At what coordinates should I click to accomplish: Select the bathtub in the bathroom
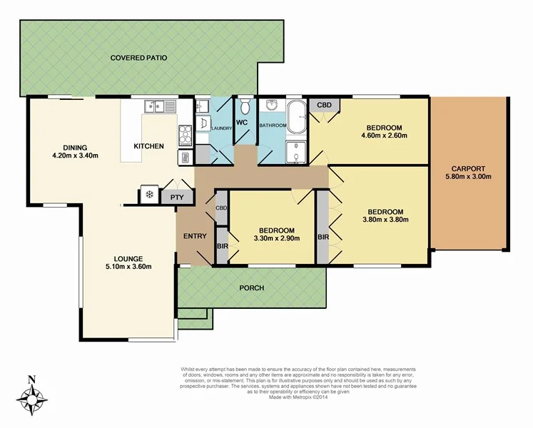(x=296, y=114)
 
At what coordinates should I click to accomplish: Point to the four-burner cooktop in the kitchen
(x=186, y=133)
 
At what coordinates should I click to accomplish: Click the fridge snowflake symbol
(x=149, y=195)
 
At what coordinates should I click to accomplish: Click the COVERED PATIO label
(x=138, y=58)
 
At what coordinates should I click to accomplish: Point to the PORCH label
(x=252, y=288)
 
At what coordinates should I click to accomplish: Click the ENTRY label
(x=195, y=237)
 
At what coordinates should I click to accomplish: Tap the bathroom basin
(x=271, y=107)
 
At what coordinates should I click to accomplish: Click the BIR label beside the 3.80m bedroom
(x=323, y=237)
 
